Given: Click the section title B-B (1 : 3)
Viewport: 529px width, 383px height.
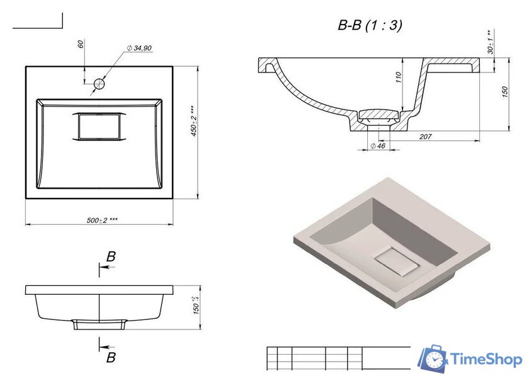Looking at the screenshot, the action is tap(370, 25).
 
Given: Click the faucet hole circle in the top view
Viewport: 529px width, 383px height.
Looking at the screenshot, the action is tap(100, 84).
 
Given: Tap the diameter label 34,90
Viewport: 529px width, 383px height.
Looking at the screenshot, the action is tap(139, 49).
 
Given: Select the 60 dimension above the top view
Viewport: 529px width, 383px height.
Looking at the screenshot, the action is tap(81, 44).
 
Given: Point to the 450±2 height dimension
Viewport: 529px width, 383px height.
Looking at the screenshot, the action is tap(193, 122).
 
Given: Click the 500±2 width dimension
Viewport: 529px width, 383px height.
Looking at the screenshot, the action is tap(102, 220).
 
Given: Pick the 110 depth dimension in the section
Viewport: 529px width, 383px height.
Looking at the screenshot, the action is tap(399, 77).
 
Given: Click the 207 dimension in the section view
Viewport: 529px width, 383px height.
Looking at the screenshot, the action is tap(425, 136).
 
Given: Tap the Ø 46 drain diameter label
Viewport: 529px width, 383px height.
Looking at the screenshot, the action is tap(378, 146).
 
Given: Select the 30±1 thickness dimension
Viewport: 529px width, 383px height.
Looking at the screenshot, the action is tap(490, 42).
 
